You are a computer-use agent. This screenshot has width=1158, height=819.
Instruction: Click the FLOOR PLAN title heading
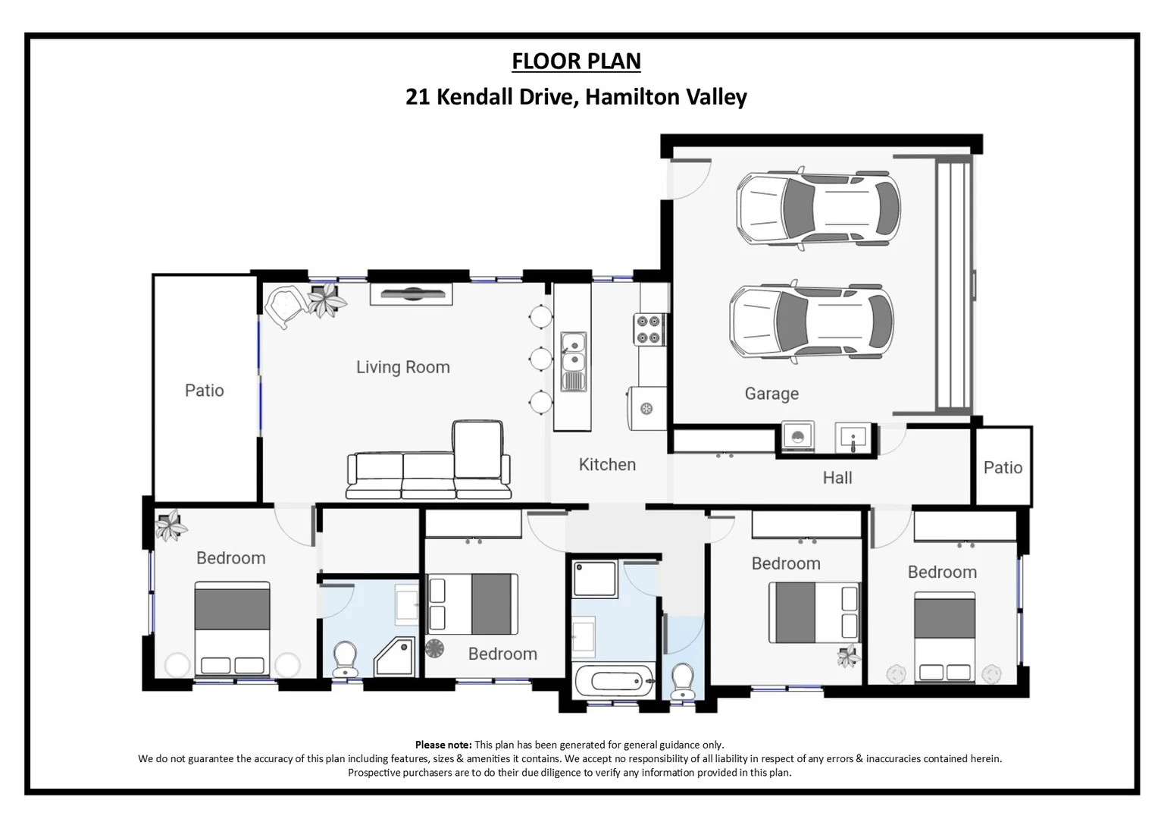point(576,61)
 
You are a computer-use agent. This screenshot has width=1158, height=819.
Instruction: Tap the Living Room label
point(402,367)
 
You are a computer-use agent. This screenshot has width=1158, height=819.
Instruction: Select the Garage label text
point(771,394)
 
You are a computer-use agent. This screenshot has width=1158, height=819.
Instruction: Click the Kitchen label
point(607,464)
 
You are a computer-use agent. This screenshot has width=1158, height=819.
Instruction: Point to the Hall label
point(837,478)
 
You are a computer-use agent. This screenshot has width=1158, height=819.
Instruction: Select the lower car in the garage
point(811,321)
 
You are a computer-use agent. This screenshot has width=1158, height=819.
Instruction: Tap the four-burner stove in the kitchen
point(649,330)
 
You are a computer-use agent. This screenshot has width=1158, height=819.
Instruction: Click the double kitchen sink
point(573,361)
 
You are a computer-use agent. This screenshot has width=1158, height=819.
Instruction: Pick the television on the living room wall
point(411,293)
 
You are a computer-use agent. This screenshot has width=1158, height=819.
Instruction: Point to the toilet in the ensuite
point(346,658)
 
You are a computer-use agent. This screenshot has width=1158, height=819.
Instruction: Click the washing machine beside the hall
point(797,438)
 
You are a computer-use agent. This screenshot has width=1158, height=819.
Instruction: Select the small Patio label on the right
point(1002,467)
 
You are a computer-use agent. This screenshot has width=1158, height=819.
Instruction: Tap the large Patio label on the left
point(204,391)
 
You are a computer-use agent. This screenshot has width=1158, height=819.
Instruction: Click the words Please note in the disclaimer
point(443,745)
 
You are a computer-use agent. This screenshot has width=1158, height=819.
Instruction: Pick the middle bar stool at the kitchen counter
point(541,358)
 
